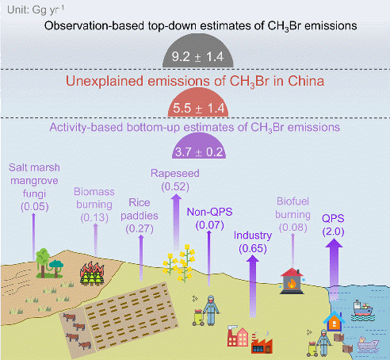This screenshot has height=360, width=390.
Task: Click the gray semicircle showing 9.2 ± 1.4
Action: point(197,52)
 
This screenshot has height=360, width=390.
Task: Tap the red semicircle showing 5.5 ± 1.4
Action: point(198,103)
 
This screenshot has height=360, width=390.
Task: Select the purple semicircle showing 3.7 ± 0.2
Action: point(199,147)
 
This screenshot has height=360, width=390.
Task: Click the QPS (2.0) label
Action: point(333,225)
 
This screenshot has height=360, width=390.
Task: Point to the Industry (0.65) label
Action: point(253,242)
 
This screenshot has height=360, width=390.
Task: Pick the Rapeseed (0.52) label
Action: point(175,180)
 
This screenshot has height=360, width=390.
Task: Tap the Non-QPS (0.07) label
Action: point(209,218)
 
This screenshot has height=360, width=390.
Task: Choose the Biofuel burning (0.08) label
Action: point(292,215)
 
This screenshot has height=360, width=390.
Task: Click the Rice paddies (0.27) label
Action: point(140,216)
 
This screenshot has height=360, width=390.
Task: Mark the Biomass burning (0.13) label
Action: point(94,205)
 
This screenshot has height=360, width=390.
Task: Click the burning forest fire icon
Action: point(92,274)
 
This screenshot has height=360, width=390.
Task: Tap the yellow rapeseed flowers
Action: point(179,263)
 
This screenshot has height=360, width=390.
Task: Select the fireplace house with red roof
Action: point(292,281)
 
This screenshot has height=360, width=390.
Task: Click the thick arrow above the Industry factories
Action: point(253,286)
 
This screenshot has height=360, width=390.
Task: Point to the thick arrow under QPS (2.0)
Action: point(334,270)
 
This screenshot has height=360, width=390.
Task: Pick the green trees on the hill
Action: point(49,263)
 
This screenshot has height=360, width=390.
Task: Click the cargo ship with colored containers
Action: point(363,310)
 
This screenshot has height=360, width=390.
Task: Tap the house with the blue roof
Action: point(335,321)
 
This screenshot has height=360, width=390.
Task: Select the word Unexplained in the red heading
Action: point(105,81)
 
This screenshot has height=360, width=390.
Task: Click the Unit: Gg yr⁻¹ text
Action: point(36,10)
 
